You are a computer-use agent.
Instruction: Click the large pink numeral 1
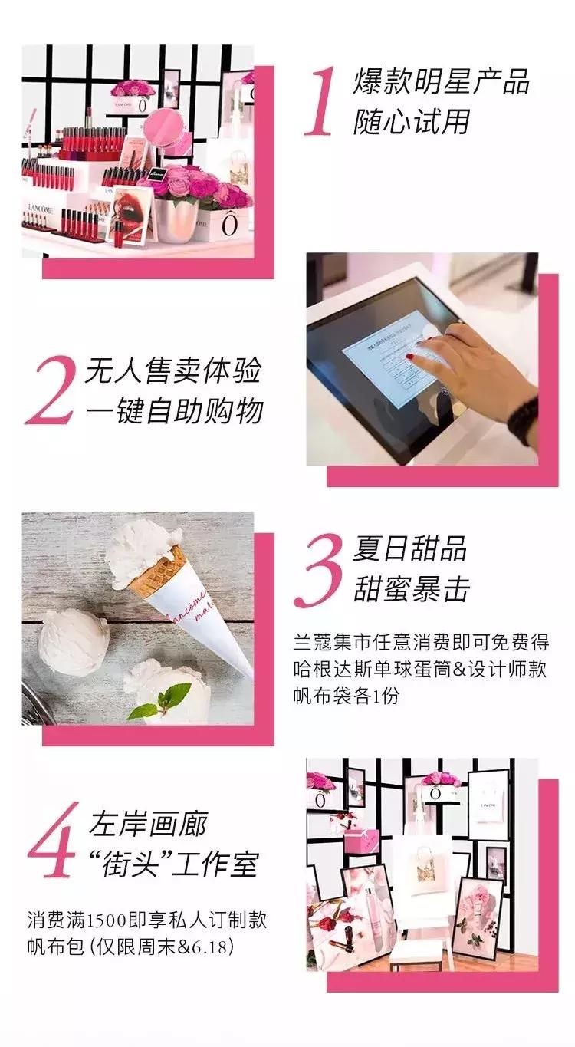coord(320,102)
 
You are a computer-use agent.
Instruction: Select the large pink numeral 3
coord(318,569)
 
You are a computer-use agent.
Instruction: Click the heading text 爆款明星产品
coord(441,82)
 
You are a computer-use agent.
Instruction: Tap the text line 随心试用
coord(411,122)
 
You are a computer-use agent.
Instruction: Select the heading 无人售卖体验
coord(172,371)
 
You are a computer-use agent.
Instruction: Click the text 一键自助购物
coord(172,411)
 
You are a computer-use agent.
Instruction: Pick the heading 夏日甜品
coord(409,549)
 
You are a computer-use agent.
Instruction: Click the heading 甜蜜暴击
coord(411,589)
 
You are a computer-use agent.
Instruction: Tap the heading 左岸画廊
coord(147,825)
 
